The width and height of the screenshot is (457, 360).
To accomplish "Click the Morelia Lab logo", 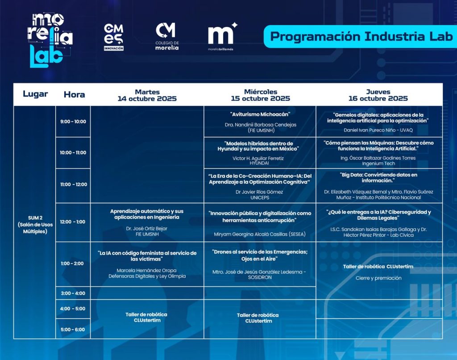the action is tap(50, 40).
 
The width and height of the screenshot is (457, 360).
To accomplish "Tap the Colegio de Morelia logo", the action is tap(167, 36).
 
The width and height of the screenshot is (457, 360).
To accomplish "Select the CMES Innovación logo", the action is tap(114, 37).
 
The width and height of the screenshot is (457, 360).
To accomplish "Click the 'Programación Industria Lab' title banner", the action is tap(361, 37).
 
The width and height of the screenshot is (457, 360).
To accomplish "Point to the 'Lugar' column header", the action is tap(35, 94).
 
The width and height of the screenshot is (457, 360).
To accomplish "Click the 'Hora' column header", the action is tap(75, 95).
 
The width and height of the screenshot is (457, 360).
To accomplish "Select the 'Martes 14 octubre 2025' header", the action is tap(147, 96).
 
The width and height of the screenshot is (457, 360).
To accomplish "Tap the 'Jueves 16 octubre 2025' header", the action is tap(378, 95).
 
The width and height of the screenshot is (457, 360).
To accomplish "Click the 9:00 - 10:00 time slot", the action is tap(73, 121).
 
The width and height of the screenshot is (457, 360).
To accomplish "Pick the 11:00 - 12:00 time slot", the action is tap(74, 184).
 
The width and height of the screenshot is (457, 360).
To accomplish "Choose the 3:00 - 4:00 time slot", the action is tap(73, 293).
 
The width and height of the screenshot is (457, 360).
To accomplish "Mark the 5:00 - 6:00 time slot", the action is tap(73, 329).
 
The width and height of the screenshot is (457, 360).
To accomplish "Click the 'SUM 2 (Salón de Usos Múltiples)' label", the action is tap(35, 225).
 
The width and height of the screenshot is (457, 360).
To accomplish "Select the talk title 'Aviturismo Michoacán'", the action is tap(260, 114).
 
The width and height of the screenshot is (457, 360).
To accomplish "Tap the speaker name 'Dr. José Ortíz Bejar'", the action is tap(146, 229).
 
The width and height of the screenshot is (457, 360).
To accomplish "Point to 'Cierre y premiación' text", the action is tap(378, 278).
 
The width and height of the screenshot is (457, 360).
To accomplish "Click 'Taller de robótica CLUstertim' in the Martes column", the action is tap(146, 318).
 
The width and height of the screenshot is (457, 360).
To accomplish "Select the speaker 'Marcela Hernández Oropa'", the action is tap(146, 270).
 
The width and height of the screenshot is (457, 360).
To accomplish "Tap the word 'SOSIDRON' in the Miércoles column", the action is tap(260, 277).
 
